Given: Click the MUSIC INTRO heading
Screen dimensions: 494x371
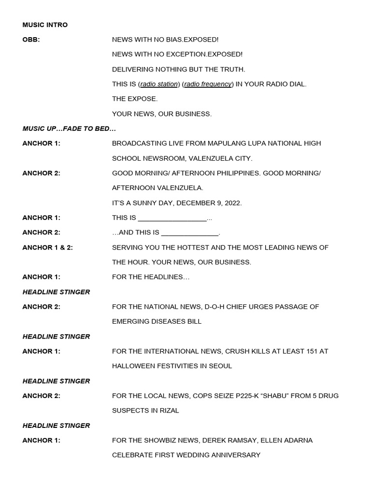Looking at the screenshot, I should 45,25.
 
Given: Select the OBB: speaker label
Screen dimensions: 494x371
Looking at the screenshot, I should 31,40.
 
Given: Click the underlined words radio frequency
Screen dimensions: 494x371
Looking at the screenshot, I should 208,84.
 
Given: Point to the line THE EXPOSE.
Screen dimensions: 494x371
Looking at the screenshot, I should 135,99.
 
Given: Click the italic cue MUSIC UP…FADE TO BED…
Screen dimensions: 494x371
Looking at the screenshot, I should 69,129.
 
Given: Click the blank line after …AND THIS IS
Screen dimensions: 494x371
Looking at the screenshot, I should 190,233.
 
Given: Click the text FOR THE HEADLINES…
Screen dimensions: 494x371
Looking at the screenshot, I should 151,277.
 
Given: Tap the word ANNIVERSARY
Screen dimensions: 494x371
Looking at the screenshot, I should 232,455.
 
